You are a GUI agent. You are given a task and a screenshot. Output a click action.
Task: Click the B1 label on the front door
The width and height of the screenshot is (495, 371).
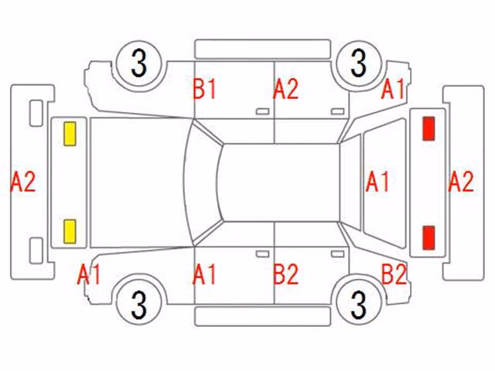[204, 90]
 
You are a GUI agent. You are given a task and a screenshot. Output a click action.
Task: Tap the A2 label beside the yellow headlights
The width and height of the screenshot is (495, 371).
[23, 182]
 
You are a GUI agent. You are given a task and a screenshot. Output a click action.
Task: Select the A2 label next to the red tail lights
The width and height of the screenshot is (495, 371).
[461, 182]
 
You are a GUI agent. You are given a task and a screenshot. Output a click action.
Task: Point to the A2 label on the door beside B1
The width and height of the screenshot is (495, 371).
[285, 90]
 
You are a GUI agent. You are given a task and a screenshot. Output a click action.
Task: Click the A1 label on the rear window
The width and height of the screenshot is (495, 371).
[377, 182]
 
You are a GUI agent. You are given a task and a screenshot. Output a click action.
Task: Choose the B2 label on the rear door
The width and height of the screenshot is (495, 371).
[285, 274]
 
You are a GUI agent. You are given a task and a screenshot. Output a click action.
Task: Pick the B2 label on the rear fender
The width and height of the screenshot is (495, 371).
[394, 274]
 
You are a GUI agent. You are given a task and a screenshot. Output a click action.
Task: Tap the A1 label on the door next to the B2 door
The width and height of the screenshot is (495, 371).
[204, 274]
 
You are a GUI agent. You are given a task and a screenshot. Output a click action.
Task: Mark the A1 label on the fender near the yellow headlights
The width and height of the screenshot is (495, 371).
[89, 274]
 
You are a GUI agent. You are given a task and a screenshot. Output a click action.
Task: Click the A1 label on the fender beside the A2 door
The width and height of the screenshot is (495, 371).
[393, 90]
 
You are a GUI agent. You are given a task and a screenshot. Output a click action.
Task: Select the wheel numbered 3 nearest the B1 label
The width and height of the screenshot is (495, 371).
[139, 63]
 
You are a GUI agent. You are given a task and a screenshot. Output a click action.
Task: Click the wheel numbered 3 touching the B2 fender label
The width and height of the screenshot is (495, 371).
[359, 305]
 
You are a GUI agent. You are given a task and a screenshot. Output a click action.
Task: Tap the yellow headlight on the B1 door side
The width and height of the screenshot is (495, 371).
[70, 134]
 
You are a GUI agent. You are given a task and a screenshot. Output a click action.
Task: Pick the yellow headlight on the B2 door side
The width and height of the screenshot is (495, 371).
[70, 232]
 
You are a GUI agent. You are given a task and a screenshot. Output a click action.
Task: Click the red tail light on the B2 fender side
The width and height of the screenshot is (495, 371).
[428, 237]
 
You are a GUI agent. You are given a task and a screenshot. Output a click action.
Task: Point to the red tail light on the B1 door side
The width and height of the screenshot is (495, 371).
[428, 128]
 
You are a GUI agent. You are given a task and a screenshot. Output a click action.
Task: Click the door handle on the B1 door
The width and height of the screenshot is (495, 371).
[262, 111]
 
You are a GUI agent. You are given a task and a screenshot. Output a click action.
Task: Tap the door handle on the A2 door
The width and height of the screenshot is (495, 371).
[337, 111]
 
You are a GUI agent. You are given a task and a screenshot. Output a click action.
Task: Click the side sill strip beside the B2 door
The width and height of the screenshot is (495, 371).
[263, 316]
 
